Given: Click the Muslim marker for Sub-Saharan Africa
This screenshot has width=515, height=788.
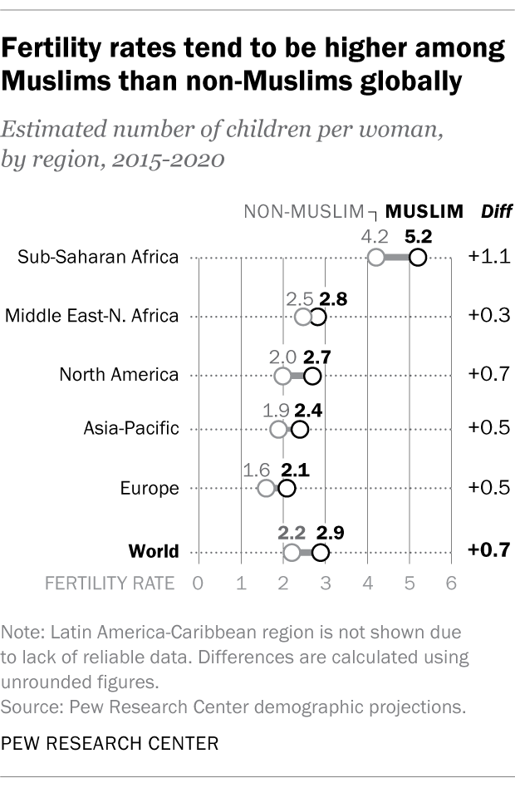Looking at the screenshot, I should click(x=418, y=258).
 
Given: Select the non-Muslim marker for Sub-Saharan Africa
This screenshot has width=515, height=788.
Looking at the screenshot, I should click(x=375, y=258).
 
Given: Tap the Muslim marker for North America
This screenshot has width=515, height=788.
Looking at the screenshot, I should click(x=312, y=377).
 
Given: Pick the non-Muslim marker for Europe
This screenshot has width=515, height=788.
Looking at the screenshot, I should click(x=266, y=488).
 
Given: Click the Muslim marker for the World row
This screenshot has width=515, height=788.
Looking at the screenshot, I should click(x=321, y=553).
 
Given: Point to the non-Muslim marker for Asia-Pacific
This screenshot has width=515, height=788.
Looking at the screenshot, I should click(x=278, y=429).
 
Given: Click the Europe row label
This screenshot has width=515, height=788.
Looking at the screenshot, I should click(x=150, y=488).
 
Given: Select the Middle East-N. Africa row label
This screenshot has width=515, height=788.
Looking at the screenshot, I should click(x=92, y=316).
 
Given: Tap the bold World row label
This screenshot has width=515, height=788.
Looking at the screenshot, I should click(x=154, y=552).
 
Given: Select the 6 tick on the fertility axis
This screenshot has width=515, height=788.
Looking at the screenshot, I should click(x=452, y=584).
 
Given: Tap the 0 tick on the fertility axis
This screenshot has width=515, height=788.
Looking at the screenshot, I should click(x=198, y=584).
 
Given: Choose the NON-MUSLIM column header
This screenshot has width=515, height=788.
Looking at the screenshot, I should click(x=304, y=211).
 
